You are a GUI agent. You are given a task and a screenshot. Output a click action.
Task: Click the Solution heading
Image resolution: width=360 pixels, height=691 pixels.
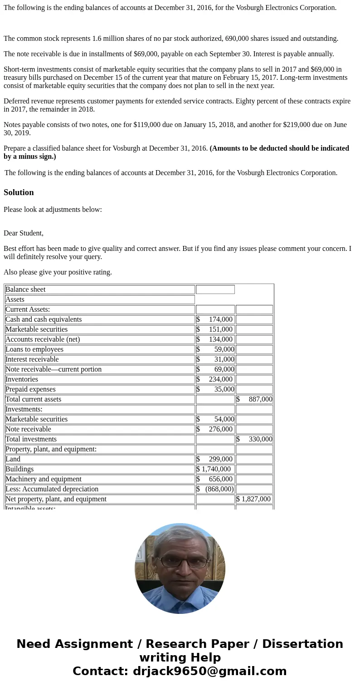(19, 192)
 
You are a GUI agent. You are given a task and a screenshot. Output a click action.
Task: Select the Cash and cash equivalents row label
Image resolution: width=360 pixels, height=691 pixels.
(44, 319)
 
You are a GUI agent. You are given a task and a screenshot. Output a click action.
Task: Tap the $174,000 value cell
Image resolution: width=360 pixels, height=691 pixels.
(215, 319)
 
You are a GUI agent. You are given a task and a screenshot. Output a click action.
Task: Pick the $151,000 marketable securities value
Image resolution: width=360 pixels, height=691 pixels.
(215, 329)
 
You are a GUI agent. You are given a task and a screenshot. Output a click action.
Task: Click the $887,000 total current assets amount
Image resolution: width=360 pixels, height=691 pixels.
(254, 399)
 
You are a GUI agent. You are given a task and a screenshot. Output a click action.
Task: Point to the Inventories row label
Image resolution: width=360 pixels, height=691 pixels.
(22, 379)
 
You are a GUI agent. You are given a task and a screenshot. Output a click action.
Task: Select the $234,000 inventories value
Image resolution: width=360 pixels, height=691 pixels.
(215, 379)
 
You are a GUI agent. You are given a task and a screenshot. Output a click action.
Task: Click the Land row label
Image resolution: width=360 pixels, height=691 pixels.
(13, 459)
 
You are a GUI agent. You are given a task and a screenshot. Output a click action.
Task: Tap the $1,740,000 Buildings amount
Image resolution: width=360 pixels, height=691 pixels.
(214, 469)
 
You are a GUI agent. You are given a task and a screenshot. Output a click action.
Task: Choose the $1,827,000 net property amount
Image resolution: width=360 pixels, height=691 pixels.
(254, 499)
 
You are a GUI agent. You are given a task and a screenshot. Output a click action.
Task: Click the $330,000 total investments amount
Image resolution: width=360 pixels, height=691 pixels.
(254, 439)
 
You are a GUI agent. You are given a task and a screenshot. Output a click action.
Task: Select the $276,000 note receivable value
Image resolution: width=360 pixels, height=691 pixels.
(215, 429)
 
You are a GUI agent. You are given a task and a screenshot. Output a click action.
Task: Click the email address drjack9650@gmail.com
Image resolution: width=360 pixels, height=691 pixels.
(209, 671)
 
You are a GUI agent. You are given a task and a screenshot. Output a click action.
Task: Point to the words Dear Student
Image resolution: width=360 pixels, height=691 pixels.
(24, 233)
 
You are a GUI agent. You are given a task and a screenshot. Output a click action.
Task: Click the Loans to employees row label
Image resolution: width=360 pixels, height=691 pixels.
(34, 349)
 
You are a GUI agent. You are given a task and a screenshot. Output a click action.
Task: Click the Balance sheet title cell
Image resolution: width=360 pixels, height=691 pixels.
(25, 289)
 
